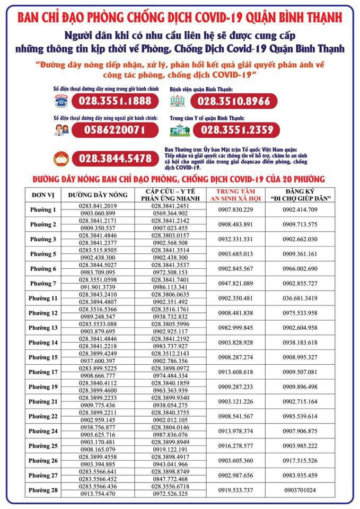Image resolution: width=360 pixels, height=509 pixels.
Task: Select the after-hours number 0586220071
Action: tap(115, 129)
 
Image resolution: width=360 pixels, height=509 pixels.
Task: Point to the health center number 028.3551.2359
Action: tap(237, 129)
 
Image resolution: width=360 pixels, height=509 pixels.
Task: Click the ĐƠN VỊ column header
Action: tap(43, 195)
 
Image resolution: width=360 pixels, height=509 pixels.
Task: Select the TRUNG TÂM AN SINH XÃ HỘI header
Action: tap(235, 195)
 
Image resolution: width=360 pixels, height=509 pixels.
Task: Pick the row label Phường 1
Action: tap(43, 209)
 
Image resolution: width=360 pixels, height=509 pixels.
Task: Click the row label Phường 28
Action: tap(43, 490)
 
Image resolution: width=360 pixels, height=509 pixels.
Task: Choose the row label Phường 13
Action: tap(43, 328)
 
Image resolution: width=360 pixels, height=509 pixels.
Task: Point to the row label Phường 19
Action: tap(43, 387)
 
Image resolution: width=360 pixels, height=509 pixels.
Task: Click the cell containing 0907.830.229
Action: tap(235, 209)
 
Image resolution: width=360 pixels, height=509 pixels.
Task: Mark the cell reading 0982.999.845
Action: tap(235, 328)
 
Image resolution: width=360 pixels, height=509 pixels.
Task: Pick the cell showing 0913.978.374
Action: tap(235, 431)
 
